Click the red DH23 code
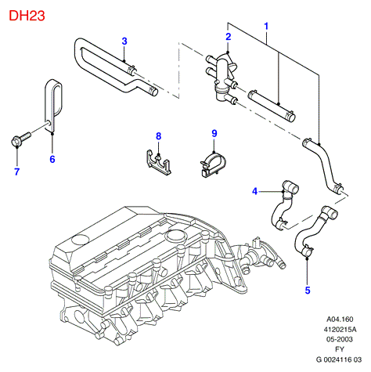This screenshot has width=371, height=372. [27, 16]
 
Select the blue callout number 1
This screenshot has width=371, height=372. [266, 26]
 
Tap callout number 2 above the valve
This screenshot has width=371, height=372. [229, 37]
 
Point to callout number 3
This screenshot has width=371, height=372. [124, 41]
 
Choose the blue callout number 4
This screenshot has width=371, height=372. [254, 191]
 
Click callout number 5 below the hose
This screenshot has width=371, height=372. [308, 291]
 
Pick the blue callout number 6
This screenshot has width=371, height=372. [52, 159]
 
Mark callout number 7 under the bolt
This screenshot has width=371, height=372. [16, 172]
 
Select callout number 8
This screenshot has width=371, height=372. [159, 136]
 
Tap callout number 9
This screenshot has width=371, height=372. [214, 133]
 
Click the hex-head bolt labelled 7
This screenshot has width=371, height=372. [20, 139]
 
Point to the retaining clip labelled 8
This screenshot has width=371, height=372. [158, 162]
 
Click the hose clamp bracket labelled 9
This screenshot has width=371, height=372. [213, 165]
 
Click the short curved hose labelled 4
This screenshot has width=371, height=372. [283, 205]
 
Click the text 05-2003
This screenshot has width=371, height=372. [340, 339]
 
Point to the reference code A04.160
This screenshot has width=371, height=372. [340, 319]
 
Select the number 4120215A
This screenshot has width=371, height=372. [340, 329]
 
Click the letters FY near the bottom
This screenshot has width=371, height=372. [340, 349]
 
